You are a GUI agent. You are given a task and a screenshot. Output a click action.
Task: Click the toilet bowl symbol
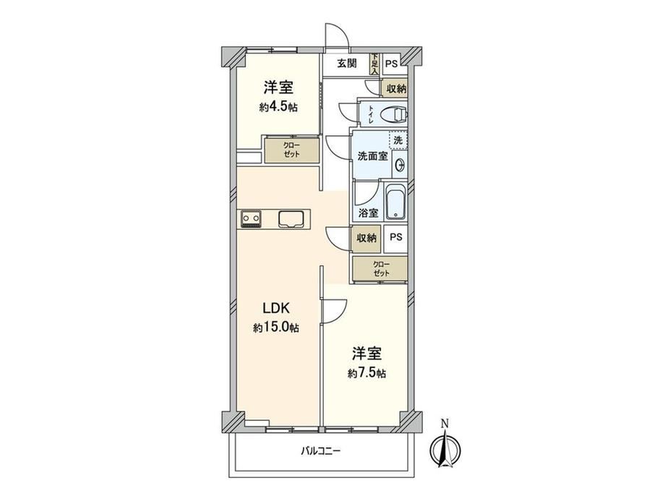(393, 114)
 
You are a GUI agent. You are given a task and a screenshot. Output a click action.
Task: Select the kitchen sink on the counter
(291, 219)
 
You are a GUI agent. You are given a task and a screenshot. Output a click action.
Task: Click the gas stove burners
(251, 219)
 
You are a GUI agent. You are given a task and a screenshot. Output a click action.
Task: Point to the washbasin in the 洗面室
(400, 165)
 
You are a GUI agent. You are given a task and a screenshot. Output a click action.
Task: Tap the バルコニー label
(321, 451)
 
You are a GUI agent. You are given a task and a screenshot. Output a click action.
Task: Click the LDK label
(276, 307)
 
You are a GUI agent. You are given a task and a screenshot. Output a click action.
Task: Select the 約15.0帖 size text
(276, 328)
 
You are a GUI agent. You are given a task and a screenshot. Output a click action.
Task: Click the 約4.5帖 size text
(278, 107)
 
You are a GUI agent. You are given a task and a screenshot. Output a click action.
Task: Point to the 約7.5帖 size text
(366, 373)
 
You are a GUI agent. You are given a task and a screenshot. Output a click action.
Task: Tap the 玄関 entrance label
(347, 64)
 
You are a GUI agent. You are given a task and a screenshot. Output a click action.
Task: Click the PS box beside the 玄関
(392, 64)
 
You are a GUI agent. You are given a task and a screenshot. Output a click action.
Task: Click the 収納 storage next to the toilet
(395, 89)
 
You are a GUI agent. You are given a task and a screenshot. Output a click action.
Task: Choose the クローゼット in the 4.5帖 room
(292, 150)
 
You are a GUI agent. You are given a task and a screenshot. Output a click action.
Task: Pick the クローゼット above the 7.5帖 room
(380, 268)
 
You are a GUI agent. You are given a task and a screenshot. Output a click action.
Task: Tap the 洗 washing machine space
(398, 140)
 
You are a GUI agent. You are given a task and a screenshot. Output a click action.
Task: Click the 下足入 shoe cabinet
(374, 64)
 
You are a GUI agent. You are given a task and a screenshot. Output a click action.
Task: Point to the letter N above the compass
(445, 423)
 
